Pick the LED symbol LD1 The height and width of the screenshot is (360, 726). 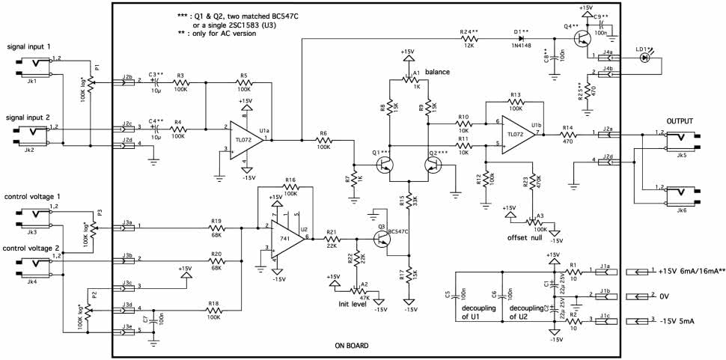pyautogui.click(x=646, y=57)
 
